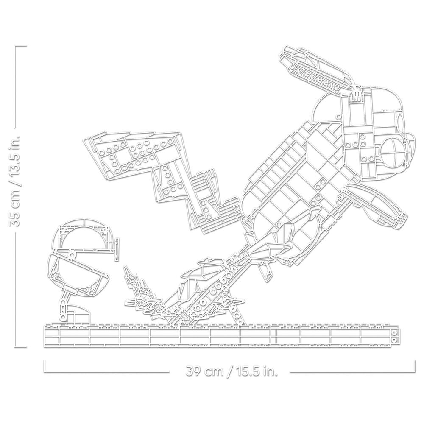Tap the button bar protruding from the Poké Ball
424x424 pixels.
pyautogui.click(x=117, y=249)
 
